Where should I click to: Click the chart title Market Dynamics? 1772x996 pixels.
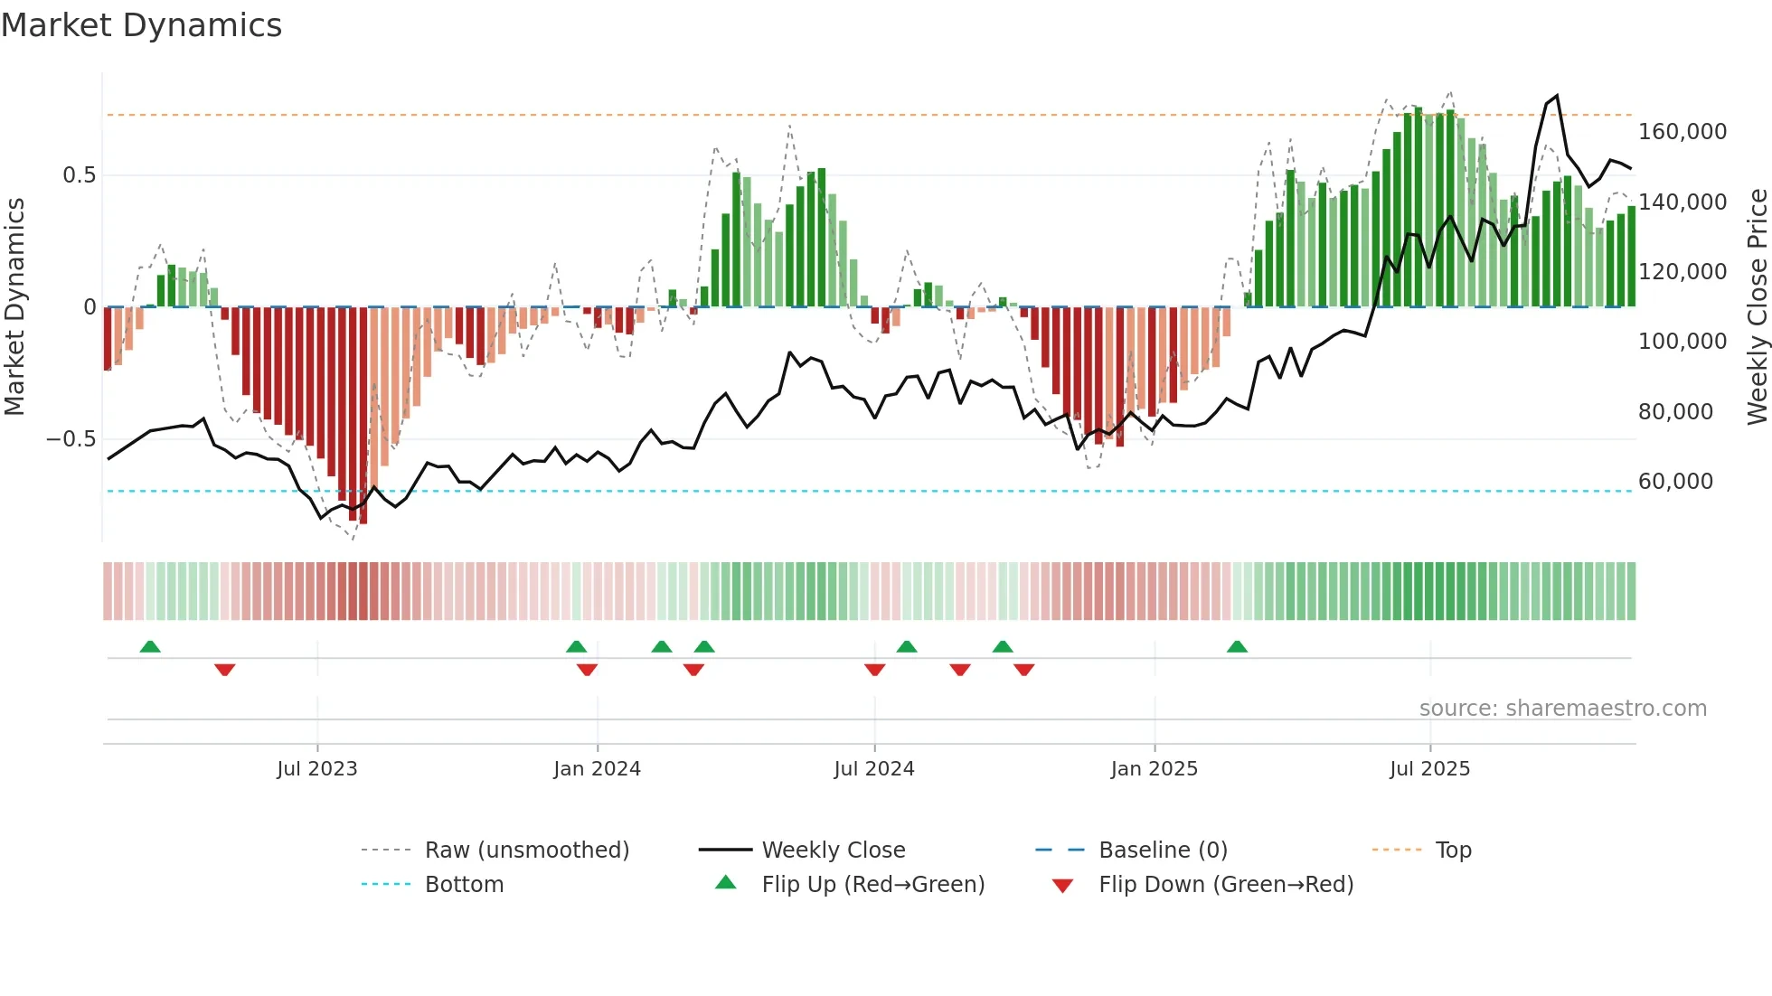(142, 25)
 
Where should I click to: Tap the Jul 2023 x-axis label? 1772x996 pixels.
(317, 769)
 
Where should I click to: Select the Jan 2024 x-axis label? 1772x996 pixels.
(597, 769)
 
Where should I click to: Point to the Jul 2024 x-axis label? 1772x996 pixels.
(874, 769)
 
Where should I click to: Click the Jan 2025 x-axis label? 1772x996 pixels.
(1155, 769)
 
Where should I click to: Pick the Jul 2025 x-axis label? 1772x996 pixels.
(1430, 769)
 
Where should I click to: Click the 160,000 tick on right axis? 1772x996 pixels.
(1682, 132)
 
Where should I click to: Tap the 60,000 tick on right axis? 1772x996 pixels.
(1675, 482)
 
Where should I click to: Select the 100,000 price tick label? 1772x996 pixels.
(1682, 342)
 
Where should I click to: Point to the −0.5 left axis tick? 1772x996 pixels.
(71, 439)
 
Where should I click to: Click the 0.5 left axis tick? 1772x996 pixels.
(79, 175)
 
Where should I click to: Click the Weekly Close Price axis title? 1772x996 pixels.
(1757, 307)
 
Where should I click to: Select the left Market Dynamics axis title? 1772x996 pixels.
(14, 307)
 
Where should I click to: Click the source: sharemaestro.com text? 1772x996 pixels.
(1562, 709)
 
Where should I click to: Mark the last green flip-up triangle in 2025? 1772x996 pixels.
(1237, 646)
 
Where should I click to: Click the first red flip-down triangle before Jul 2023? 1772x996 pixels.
(225, 670)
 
